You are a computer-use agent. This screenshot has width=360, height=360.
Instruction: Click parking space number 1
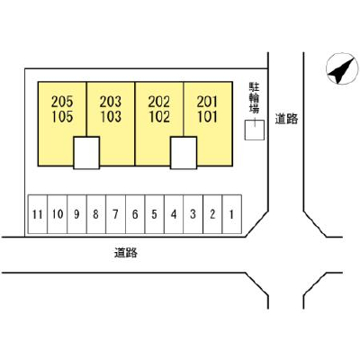click(231, 214)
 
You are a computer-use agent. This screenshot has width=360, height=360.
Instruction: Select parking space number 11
click(38, 214)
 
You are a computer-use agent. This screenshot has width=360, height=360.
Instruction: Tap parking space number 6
click(135, 214)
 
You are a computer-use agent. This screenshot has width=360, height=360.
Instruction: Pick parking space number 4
click(174, 214)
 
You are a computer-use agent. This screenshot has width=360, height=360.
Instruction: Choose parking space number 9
click(76, 214)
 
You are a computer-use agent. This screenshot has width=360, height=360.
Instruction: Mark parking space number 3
click(193, 214)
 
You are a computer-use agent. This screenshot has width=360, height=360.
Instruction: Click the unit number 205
click(62, 102)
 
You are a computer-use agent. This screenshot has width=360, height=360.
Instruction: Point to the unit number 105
click(62, 116)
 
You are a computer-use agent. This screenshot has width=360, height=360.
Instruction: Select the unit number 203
click(111, 102)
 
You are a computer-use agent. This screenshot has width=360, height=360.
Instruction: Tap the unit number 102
click(159, 116)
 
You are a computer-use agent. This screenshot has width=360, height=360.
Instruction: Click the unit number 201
click(207, 102)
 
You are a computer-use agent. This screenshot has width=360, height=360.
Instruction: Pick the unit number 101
click(207, 116)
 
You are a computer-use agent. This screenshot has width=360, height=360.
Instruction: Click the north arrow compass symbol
click(342, 68)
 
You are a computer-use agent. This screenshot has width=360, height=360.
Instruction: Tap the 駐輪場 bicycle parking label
click(254, 98)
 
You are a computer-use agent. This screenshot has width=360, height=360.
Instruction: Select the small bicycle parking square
click(255, 130)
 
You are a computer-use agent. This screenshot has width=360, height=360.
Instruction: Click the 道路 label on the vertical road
click(287, 120)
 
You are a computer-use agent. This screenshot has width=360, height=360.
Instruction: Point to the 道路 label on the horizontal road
click(126, 253)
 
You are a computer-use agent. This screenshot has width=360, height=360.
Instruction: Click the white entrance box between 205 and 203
click(86, 153)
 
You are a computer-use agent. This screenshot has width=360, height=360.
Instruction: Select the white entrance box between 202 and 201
click(184, 153)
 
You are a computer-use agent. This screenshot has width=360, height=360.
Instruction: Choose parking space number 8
click(96, 214)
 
